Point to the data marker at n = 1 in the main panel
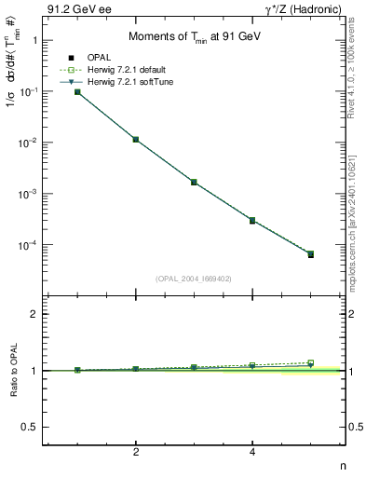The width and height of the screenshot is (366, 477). [78, 92]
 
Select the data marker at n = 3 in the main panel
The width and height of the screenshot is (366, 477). [194, 182]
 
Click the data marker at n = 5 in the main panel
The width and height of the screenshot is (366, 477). [310, 253]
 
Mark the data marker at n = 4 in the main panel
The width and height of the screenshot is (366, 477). [252, 221]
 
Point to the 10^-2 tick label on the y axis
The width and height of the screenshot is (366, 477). [28, 143]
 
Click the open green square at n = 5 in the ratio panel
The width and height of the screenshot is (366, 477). [310, 362]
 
